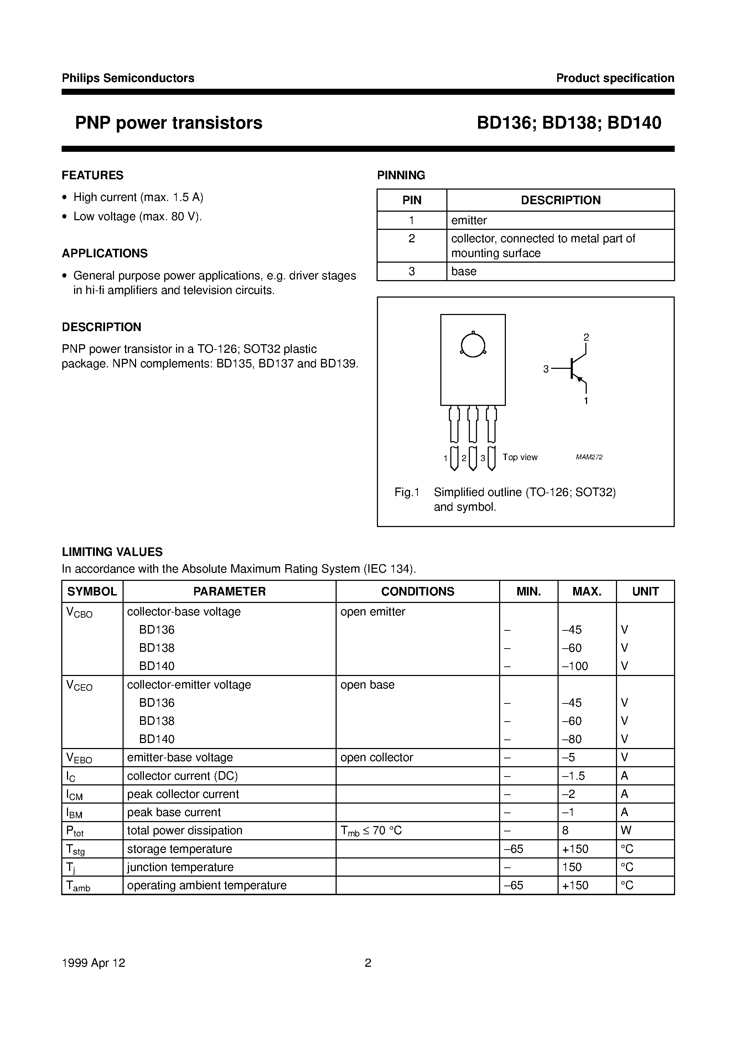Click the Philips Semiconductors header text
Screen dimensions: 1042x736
coord(128,78)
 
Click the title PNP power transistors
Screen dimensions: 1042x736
coord(169,123)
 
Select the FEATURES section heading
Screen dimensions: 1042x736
coord(93,175)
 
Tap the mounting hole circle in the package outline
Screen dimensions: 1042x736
coord(473,345)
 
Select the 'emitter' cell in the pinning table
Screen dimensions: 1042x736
coord(469,221)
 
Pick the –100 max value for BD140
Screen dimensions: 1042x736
coord(575,666)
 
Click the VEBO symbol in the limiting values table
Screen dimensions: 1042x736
coord(79,758)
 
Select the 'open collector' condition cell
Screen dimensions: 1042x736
coord(377,758)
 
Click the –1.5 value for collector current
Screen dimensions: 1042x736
coord(574,776)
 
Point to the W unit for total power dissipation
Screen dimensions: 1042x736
coord(626,831)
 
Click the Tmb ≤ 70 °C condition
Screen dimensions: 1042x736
coord(371,831)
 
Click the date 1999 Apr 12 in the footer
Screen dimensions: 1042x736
coord(93,963)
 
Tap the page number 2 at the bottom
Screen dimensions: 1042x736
coord(368,963)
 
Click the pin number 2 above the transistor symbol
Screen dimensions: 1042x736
coord(586,337)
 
